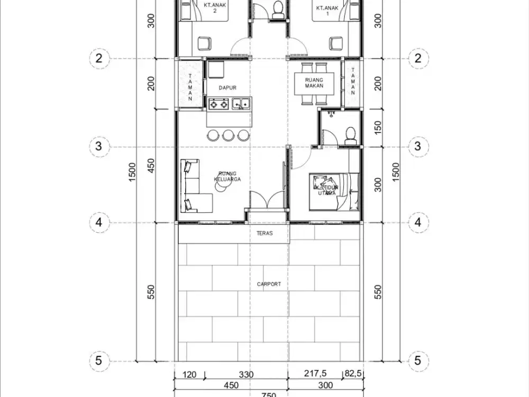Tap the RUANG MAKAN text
[x=314, y=83]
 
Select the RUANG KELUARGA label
[x=227, y=176]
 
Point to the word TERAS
[x=264, y=233]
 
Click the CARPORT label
[x=269, y=284]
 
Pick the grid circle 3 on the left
[x=99, y=147]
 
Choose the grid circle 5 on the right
[x=418, y=361]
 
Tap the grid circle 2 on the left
[x=99, y=58]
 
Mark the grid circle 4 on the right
[x=418, y=222]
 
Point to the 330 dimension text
[x=246, y=374]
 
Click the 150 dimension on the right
[x=378, y=127]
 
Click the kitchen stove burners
[x=218, y=104]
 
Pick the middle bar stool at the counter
[x=228, y=135]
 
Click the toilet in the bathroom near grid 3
[x=349, y=134]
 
